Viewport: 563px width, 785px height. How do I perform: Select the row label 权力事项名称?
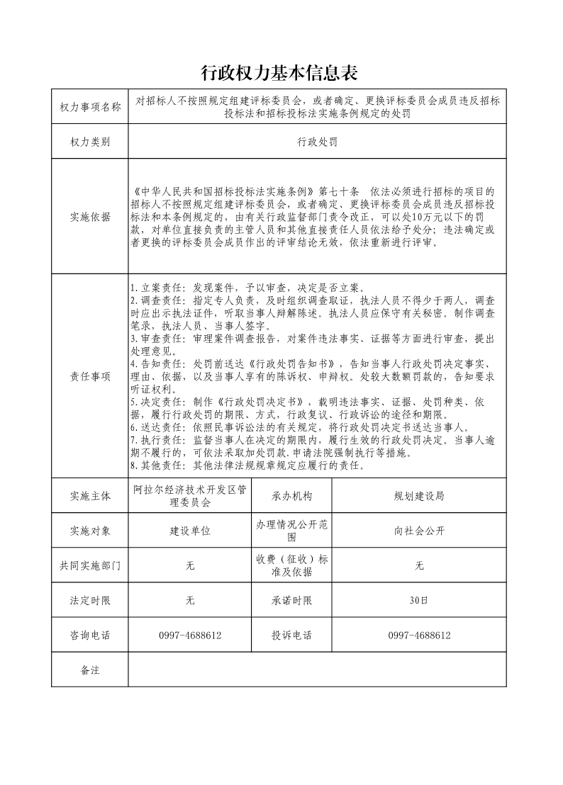(90, 107)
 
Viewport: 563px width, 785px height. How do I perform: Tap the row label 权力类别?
(90, 142)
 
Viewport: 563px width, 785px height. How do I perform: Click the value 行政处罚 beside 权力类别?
(317, 142)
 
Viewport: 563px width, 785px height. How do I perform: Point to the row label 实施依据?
(90, 218)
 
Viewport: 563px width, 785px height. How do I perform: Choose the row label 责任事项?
(90, 376)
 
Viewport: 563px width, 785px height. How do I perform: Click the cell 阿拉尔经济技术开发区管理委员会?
(190, 496)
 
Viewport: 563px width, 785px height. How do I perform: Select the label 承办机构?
(291, 496)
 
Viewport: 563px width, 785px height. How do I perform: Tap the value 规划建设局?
(419, 496)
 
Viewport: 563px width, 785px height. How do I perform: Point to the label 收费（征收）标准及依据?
(291, 565)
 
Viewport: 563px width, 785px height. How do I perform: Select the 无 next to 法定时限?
(190, 601)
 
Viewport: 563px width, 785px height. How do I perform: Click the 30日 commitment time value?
(419, 601)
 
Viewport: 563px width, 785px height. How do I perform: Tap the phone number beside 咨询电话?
(190, 636)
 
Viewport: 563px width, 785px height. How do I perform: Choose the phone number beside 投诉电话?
(419, 636)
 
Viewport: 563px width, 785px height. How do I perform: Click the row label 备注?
(90, 670)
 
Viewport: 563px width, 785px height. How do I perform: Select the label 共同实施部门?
(90, 565)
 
